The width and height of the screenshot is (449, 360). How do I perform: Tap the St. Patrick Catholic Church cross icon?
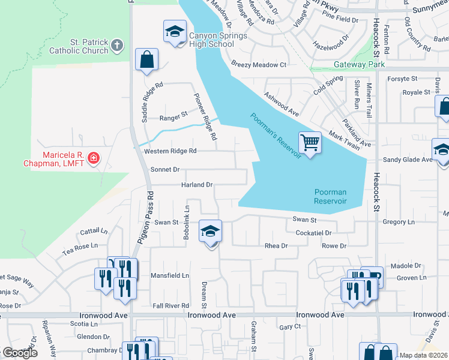(x=118, y=45)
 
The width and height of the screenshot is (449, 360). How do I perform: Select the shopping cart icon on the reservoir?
(x=310, y=143)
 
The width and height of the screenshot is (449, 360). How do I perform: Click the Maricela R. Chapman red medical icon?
(x=93, y=158)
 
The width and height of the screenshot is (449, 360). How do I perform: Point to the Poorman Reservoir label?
(x=330, y=196)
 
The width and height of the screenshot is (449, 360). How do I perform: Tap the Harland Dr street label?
(x=197, y=185)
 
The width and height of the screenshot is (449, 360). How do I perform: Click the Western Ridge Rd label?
(x=170, y=151)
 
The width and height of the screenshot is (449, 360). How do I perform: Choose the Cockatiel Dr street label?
(x=314, y=232)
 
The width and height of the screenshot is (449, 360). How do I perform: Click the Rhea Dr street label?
(x=277, y=246)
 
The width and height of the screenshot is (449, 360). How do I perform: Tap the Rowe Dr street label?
(x=334, y=246)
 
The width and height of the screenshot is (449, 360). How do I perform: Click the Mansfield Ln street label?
(x=169, y=276)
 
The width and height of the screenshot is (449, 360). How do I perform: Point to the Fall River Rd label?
(x=170, y=305)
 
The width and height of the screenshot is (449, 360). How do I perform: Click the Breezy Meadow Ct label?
(x=259, y=65)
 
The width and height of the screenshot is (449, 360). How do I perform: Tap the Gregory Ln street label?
(x=399, y=222)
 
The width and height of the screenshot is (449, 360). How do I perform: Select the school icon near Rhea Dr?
(x=210, y=232)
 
